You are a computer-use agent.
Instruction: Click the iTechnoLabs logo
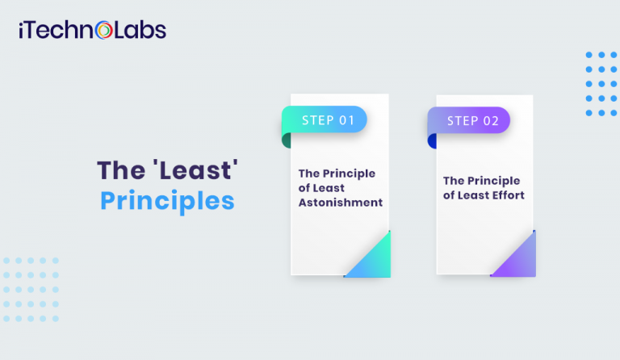click(90, 31)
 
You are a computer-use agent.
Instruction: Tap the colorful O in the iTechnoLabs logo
click(103, 31)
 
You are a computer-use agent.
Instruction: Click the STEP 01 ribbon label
click(327, 120)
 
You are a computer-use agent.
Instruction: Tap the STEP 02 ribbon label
click(471, 120)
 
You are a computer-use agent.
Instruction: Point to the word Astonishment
click(340, 202)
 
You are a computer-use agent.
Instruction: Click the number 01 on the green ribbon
click(346, 120)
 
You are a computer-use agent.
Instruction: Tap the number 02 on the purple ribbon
click(492, 120)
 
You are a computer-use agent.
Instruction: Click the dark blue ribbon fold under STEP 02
click(433, 140)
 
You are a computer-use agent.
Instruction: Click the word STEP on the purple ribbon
click(463, 120)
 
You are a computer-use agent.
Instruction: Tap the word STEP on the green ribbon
click(317, 120)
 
